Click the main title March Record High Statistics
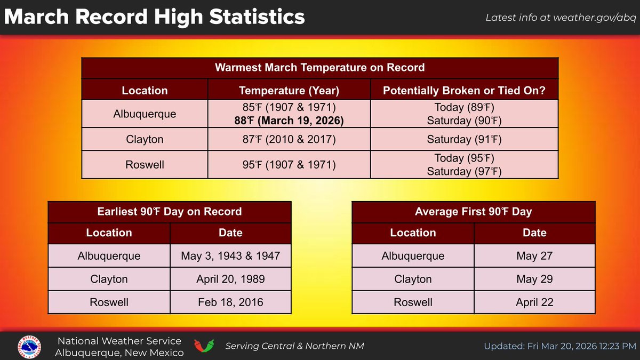click(x=154, y=17)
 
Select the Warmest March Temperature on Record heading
click(x=319, y=68)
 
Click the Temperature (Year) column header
click(x=289, y=91)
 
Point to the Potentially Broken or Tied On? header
click(x=464, y=91)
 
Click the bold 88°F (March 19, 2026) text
click(x=289, y=121)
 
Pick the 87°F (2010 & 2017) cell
click(x=289, y=140)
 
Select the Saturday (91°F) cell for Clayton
click(x=464, y=140)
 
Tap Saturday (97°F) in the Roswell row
click(x=464, y=171)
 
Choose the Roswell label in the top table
click(x=145, y=165)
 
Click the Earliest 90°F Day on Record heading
click(x=170, y=212)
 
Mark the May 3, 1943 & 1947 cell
click(x=230, y=256)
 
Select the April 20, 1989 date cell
click(x=230, y=279)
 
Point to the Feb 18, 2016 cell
click(x=230, y=302)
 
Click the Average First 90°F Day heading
click(x=473, y=212)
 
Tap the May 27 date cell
click(x=534, y=256)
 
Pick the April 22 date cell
click(x=534, y=302)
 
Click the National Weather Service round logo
click(x=31, y=346)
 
